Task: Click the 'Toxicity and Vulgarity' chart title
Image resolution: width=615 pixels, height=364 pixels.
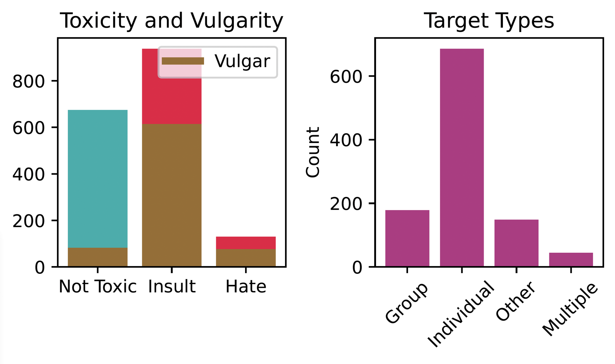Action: pos(172,21)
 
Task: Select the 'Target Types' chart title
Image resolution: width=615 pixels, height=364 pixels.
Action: pos(489,21)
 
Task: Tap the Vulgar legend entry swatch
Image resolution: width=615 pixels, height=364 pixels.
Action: pos(183,61)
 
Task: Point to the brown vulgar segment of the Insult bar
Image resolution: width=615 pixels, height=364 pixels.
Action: pos(172,195)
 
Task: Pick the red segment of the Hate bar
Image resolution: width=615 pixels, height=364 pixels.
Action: pos(246,243)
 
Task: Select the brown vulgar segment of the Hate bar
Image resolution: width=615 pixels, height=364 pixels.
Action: pos(246,258)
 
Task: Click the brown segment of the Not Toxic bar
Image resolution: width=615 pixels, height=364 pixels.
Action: pos(98,257)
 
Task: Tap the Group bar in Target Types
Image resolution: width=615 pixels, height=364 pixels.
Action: pos(407,238)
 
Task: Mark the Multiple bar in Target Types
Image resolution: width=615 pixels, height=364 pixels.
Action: pos(571,260)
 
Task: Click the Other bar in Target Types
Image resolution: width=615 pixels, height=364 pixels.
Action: pos(516,243)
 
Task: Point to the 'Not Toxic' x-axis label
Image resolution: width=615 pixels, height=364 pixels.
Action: pos(98,287)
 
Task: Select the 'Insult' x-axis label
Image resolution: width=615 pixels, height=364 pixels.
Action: pos(172,287)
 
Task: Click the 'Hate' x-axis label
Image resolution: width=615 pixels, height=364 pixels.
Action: pos(246,287)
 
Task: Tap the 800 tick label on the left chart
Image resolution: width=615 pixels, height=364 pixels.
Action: pos(28,82)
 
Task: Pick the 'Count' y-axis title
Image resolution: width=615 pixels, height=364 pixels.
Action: pos(313,152)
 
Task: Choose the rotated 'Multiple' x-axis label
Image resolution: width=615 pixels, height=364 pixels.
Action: pos(570,309)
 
